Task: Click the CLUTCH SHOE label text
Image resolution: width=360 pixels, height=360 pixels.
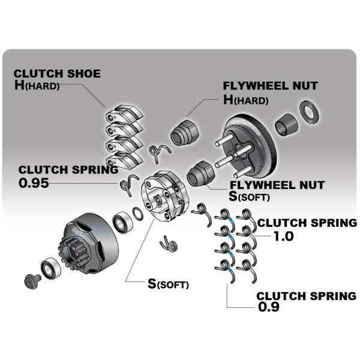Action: click(58, 74)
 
